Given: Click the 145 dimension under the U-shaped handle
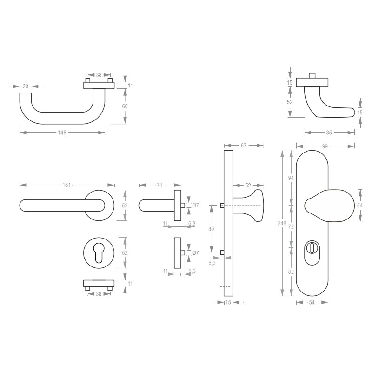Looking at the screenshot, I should tap(62, 133).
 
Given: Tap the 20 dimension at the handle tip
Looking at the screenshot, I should tap(25, 86).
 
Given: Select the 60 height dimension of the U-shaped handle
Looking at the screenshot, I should tap(125, 106).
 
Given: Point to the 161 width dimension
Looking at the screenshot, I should tap(66, 185).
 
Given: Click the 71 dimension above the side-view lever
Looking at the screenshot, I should tap(159, 185).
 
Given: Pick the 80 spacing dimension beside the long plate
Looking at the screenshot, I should tap(212, 229).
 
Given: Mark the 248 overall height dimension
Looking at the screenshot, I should tap(281, 223).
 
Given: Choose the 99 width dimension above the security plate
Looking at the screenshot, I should tap(325, 146).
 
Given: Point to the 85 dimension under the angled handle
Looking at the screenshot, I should tap(329, 133).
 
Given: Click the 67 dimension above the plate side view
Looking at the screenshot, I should tap(243, 146).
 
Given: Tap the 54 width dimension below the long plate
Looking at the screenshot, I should tap(312, 303).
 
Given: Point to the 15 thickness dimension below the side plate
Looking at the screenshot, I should tap(228, 303).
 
